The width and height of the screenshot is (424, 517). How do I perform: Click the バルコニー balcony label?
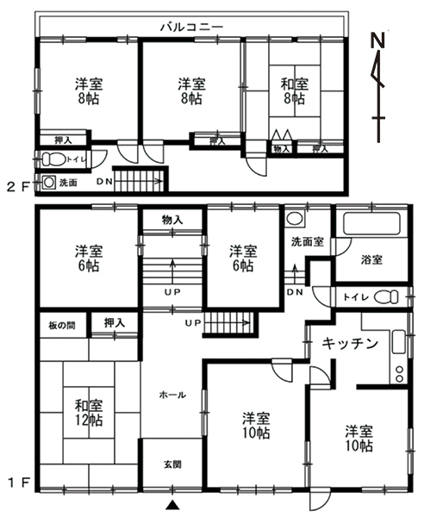(x=191, y=27)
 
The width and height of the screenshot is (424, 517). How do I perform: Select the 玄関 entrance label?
(x=172, y=464)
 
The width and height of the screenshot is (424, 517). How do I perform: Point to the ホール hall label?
(x=172, y=395)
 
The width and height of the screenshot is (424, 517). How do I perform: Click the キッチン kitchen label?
(x=350, y=344)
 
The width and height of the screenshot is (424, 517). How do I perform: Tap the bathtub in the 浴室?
(x=371, y=224)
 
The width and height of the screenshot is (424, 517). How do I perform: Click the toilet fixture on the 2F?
(x=53, y=159)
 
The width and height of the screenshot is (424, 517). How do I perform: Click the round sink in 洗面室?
(x=295, y=219)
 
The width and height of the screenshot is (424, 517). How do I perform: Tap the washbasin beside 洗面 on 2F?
(x=49, y=183)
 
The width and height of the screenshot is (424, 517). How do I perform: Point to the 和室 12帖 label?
(x=89, y=413)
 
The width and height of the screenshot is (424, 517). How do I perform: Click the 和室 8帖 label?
(x=295, y=91)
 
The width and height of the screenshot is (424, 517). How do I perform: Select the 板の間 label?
(x=62, y=326)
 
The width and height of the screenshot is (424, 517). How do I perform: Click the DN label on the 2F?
(x=104, y=181)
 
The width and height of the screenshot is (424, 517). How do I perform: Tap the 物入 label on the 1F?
(x=172, y=220)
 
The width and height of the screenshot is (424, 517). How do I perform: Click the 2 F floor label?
(x=18, y=188)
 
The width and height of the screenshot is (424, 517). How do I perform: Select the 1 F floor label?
(x=19, y=483)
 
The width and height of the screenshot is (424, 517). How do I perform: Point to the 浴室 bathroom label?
(x=371, y=260)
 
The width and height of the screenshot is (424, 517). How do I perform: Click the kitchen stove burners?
(x=399, y=374)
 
